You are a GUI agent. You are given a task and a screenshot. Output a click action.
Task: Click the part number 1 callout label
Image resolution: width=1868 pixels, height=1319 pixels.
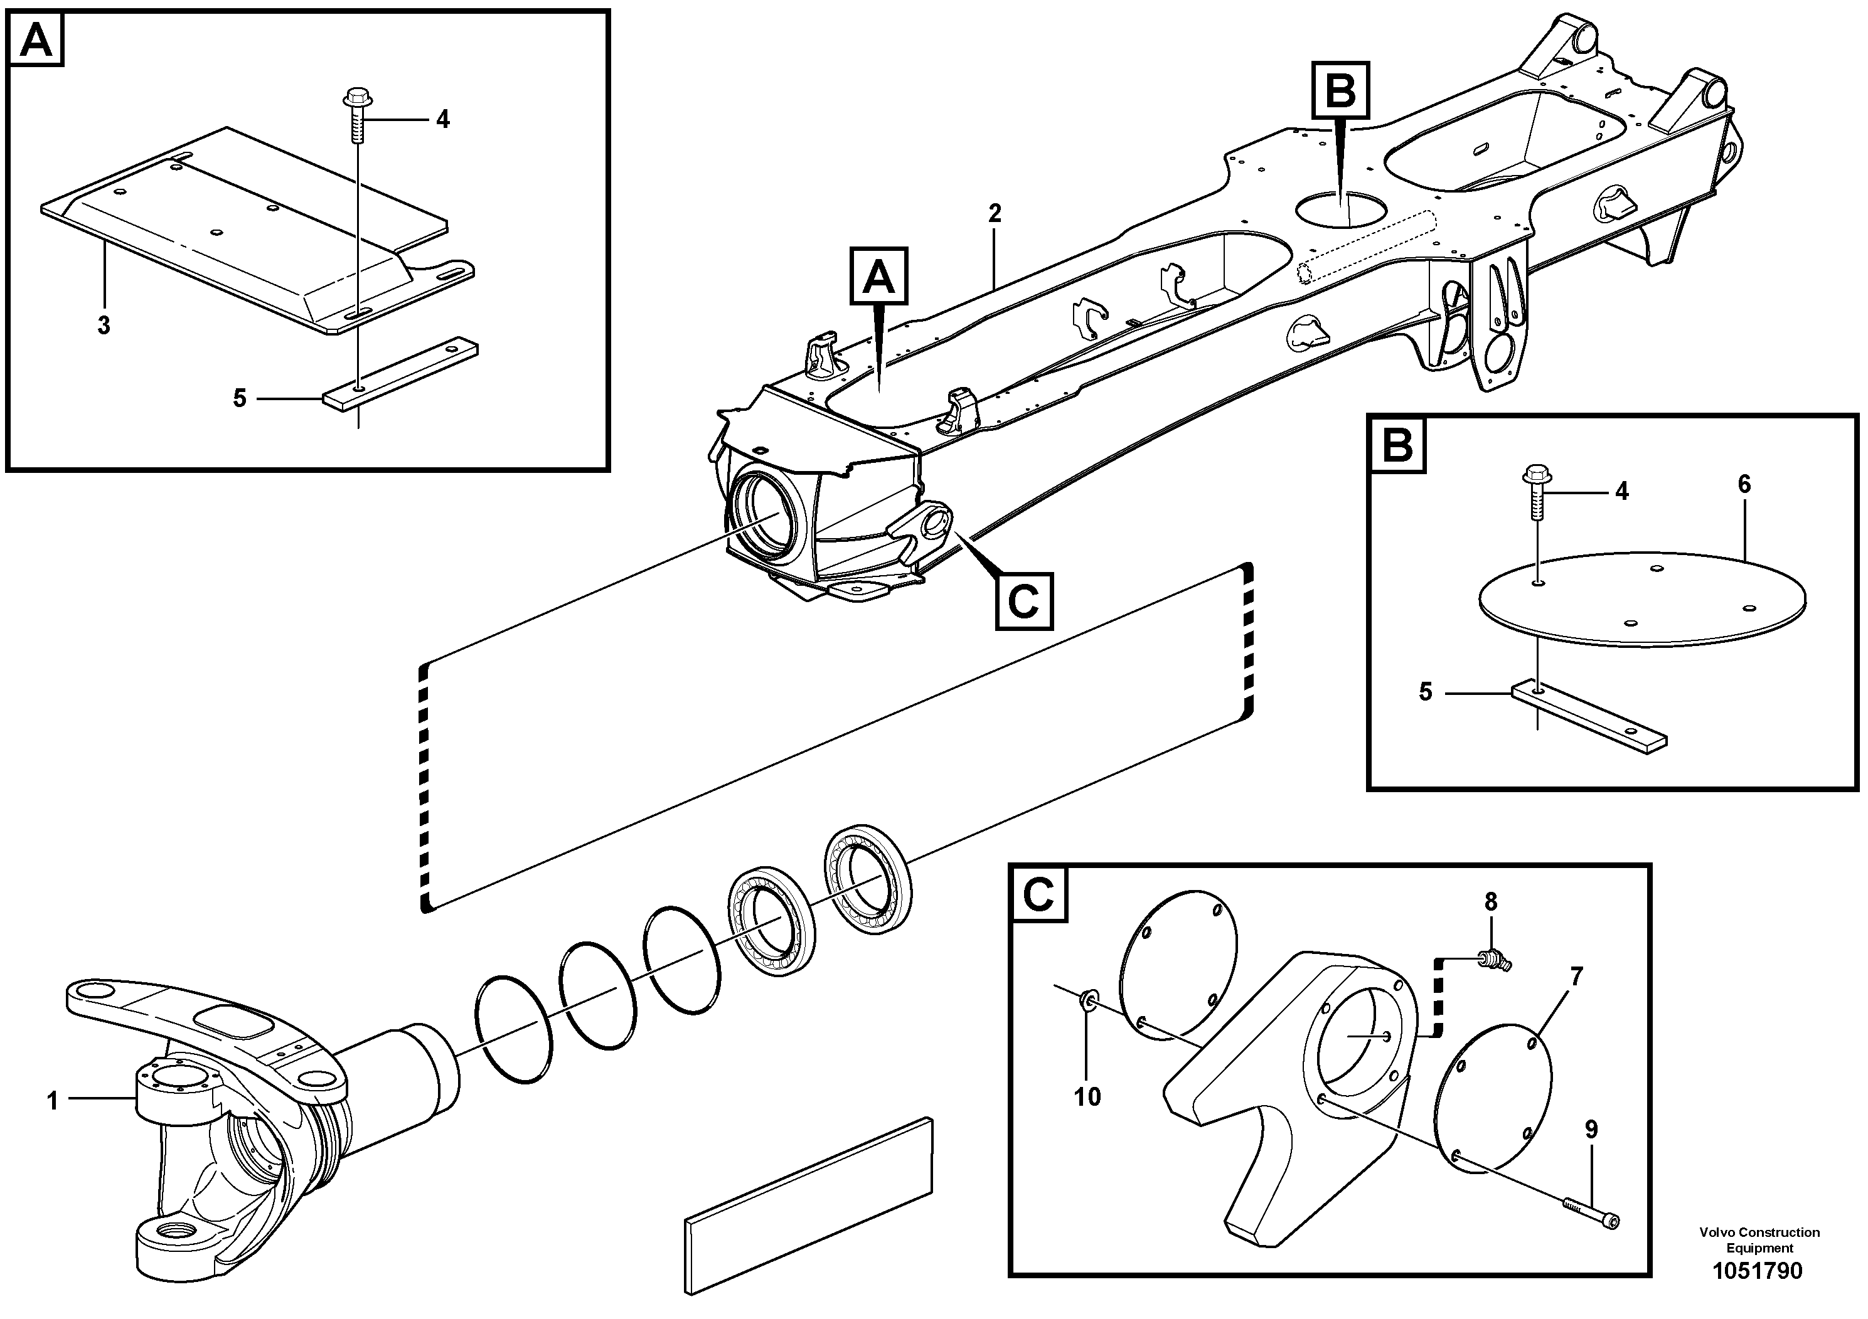[53, 1102]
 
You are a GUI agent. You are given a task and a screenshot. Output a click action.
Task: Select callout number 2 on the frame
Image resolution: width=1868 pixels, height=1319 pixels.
[994, 214]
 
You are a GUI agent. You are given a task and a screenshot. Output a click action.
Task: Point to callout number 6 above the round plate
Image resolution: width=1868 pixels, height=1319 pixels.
[1744, 485]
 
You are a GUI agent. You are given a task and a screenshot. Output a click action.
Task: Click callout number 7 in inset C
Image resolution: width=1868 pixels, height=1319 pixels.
[1577, 977]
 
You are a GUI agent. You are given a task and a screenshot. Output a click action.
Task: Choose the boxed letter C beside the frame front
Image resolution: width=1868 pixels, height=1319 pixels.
[1023, 601]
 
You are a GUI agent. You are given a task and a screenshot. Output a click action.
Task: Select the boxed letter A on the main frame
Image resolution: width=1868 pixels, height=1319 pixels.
[878, 277]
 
